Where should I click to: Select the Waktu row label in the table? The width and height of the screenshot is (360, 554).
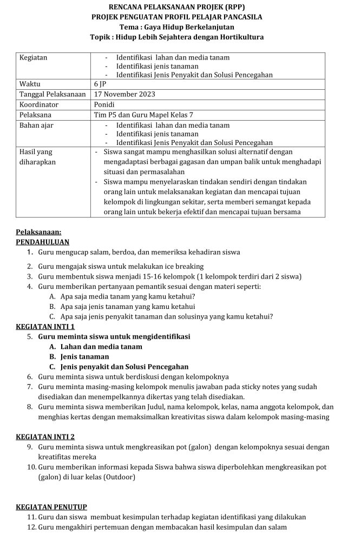30,84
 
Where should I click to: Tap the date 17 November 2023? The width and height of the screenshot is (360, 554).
124,94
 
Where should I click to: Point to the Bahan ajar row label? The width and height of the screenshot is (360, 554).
36,125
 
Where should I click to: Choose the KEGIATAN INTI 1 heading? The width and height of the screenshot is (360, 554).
45,326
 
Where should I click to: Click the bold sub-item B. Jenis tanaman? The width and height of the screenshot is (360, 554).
78,357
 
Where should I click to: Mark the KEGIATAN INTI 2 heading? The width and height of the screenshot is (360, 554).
45,437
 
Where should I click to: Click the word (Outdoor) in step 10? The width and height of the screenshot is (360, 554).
116,477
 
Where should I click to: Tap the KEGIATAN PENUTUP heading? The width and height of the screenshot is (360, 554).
51,507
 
